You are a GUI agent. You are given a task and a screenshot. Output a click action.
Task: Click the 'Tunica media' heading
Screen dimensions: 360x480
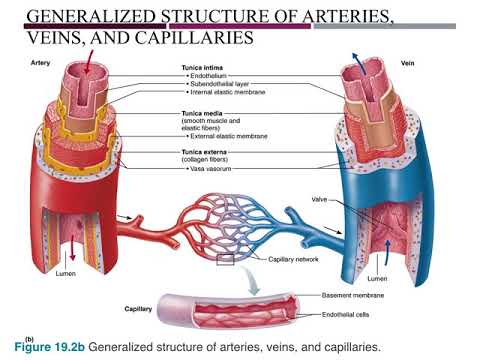click(x=204, y=112)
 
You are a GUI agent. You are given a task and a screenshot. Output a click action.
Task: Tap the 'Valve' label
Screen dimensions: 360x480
click(x=320, y=199)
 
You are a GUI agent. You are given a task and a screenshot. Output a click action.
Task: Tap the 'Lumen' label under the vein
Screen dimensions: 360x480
click(x=378, y=278)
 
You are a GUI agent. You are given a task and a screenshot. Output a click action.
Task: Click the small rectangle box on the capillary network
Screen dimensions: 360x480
click(x=225, y=262)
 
